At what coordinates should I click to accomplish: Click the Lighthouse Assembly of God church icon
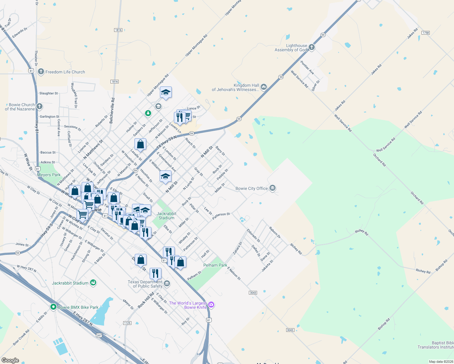(x=311, y=47)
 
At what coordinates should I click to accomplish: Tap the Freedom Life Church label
(x=65, y=72)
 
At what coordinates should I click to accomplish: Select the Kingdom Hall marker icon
(x=263, y=87)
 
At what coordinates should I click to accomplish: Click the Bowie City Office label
(x=252, y=188)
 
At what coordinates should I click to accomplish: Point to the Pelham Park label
(x=215, y=265)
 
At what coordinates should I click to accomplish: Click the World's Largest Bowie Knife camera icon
(x=211, y=305)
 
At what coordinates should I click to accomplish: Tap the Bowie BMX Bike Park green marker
(x=53, y=307)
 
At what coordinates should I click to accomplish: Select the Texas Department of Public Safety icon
(x=167, y=284)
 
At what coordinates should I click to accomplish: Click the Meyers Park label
(x=49, y=175)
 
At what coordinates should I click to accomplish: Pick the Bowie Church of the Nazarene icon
(x=39, y=106)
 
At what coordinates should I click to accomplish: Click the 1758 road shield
(x=426, y=33)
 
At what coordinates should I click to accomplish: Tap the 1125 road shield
(x=127, y=323)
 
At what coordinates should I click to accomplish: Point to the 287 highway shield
(x=99, y=335)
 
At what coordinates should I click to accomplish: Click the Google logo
(x=10, y=360)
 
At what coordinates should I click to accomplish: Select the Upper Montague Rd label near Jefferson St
(x=158, y=85)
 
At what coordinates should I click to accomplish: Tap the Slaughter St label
(x=49, y=93)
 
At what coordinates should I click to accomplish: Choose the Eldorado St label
(x=253, y=235)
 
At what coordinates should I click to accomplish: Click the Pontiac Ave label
(x=307, y=68)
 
